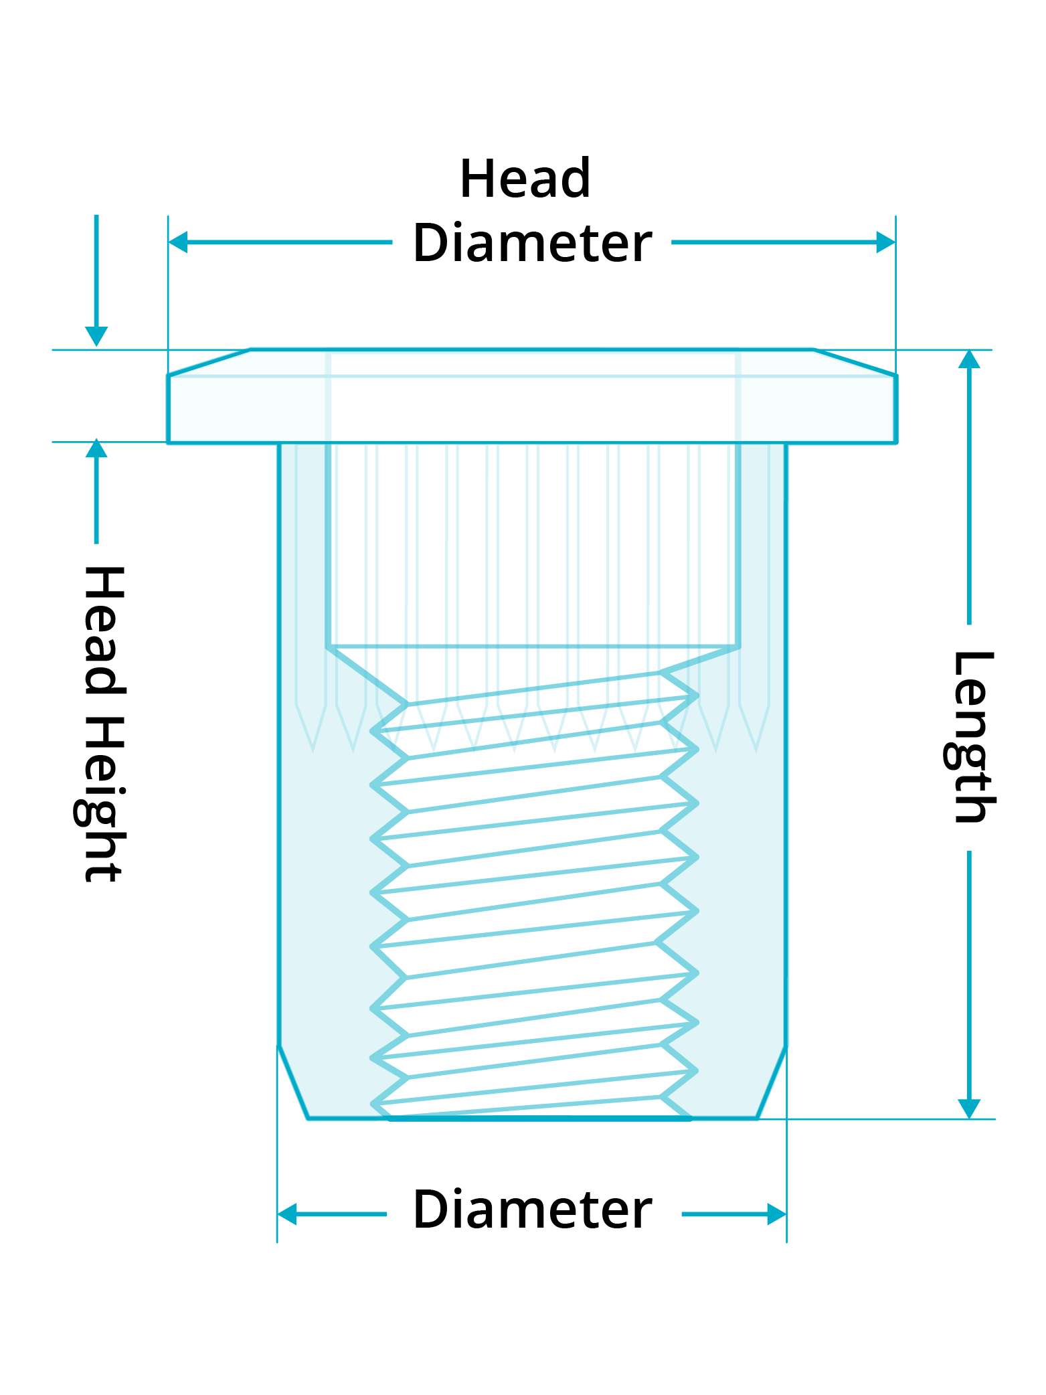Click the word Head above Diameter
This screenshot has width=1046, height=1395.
[x=525, y=179]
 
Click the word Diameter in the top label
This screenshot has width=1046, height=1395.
[x=532, y=243]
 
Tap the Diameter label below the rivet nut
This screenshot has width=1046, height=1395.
[x=532, y=1210]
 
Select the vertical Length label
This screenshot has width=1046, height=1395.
[x=970, y=736]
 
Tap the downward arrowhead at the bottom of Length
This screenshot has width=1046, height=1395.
[x=969, y=1108]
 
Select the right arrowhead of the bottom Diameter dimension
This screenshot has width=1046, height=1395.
[x=777, y=1214]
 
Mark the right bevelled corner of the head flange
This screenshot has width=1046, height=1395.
[x=855, y=363]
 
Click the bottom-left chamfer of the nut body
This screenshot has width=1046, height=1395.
[x=293, y=1082]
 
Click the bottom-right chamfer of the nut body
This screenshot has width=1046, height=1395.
[x=772, y=1082]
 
